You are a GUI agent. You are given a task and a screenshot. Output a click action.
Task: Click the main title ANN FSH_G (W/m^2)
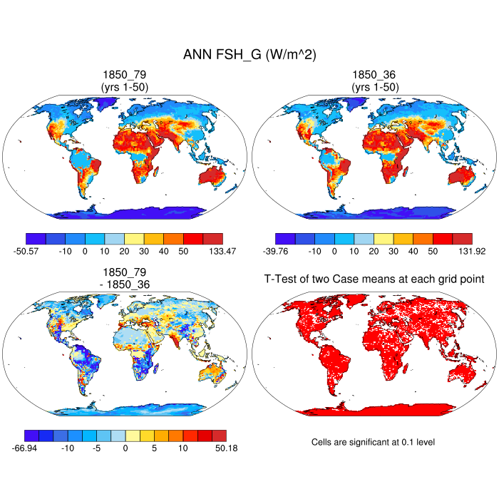click(249, 55)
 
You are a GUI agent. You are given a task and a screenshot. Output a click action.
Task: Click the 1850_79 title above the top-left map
click(125, 74)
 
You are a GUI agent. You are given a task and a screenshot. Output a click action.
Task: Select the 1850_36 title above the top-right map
click(374, 74)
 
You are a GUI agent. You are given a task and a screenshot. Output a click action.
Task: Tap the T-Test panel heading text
click(374, 279)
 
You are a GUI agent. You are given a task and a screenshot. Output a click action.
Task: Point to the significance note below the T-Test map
click(373, 443)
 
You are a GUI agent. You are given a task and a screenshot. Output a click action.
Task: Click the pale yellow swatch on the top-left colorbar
click(134, 239)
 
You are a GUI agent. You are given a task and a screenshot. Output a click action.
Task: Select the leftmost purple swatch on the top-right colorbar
click(285, 239)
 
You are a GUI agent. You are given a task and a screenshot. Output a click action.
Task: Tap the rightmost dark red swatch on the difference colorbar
click(219, 435)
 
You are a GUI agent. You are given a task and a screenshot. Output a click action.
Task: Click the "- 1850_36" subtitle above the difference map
click(125, 284)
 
